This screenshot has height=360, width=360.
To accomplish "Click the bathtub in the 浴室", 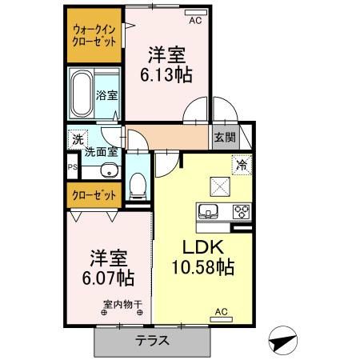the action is (81, 94).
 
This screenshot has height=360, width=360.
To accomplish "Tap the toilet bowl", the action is (138, 186).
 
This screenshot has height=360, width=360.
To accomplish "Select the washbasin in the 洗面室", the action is (110, 170).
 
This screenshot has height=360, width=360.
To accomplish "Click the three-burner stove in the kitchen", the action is (242, 212).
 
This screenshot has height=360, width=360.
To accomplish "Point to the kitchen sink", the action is (208, 211).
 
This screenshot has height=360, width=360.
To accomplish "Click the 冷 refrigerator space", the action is (242, 165).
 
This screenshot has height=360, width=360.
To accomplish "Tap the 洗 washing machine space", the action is (78, 138).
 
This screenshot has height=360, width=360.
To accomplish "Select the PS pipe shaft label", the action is (73, 167).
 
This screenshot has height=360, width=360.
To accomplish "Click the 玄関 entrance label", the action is (226, 138).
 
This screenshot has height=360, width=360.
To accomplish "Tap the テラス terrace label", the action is (152, 340).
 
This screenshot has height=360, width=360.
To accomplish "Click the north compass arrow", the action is (282, 342).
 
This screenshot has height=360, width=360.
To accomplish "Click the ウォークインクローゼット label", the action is (94, 35).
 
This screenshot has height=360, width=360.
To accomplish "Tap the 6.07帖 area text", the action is (108, 278).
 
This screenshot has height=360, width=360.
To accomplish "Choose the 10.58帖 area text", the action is (203, 267).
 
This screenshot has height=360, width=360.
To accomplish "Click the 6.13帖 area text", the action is (166, 75).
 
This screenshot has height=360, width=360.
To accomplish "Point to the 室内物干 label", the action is (123, 304).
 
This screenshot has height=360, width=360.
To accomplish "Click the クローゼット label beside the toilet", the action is (94, 195).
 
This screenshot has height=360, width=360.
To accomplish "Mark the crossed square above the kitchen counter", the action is (220, 186).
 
